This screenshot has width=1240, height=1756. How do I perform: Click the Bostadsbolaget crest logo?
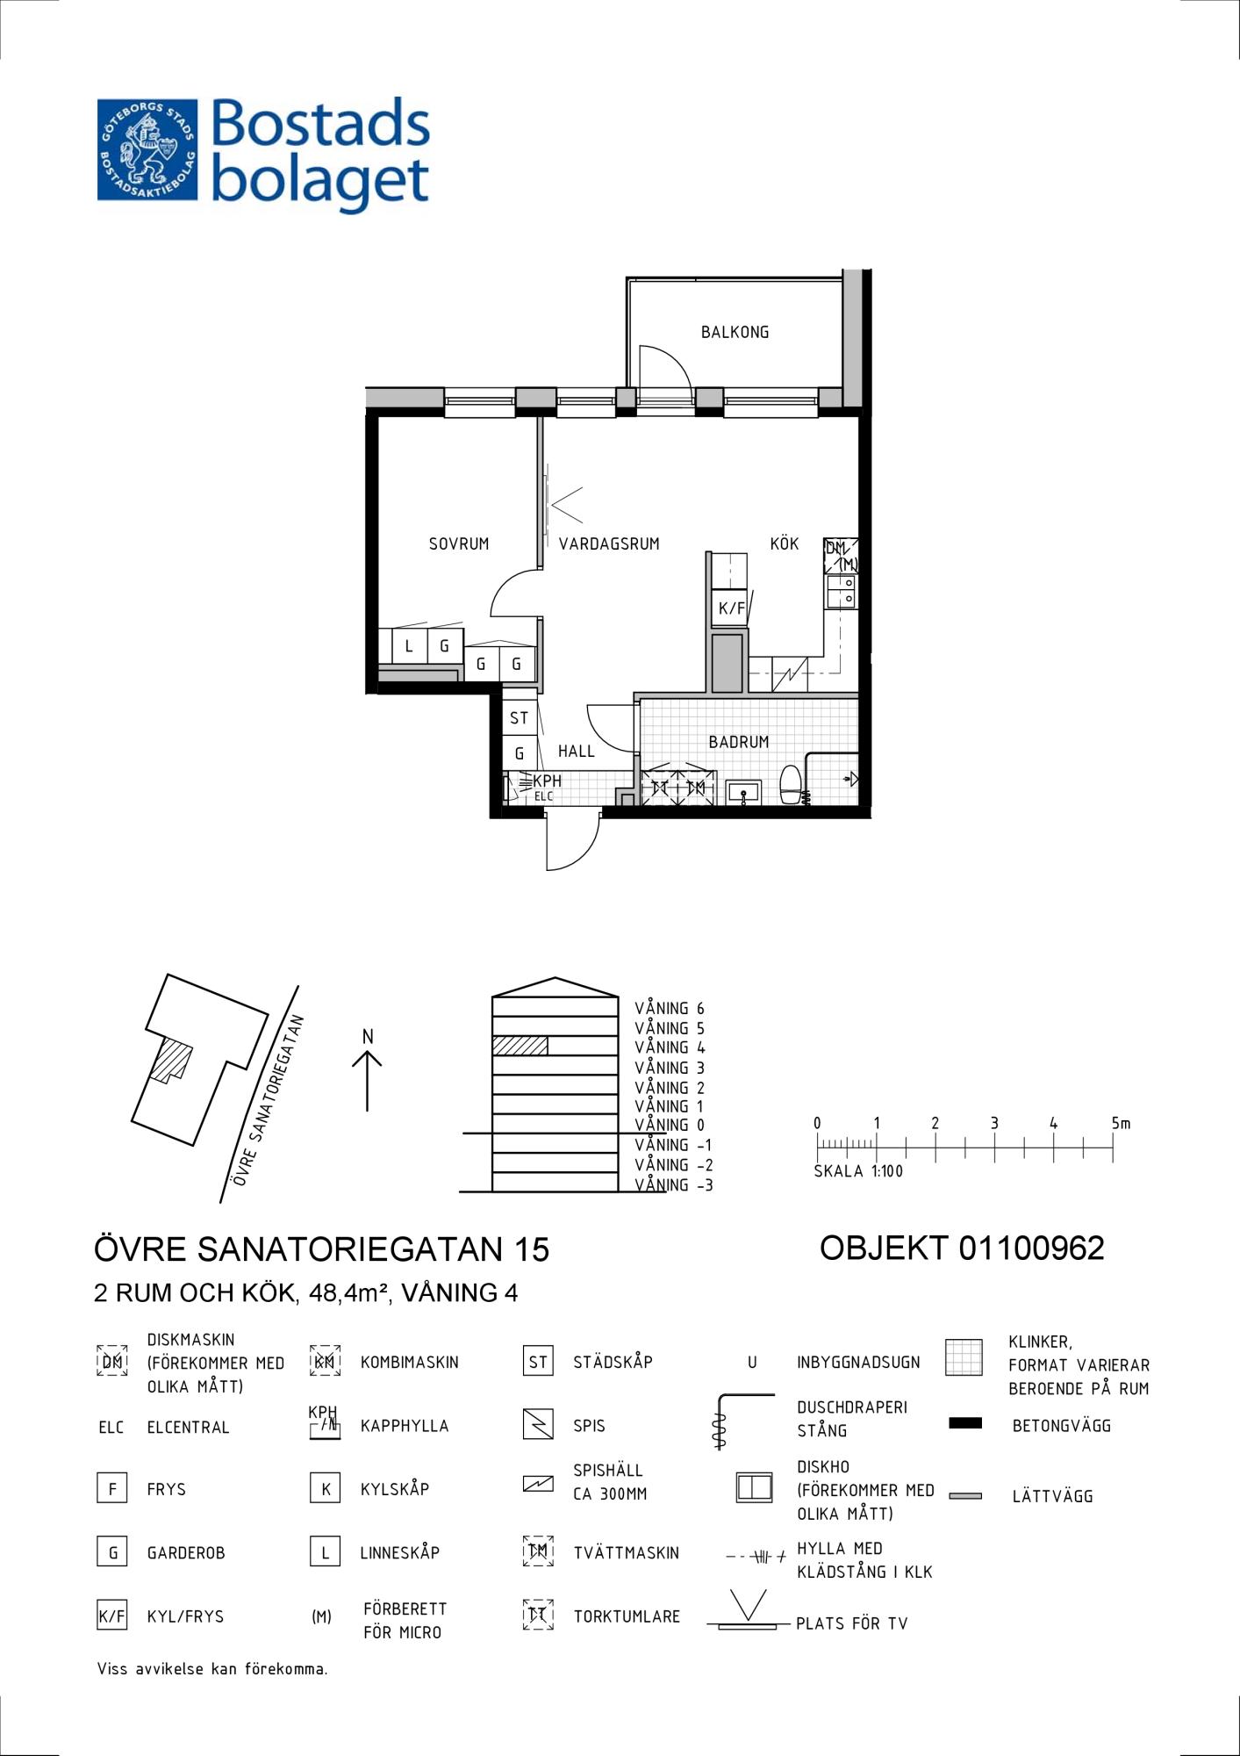147,149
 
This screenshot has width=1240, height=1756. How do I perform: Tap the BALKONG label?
735,332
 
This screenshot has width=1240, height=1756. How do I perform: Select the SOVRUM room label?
459,543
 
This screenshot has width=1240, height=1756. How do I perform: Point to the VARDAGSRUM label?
609,543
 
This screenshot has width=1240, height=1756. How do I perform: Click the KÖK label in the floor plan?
785,543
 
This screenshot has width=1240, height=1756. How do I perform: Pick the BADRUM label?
739,742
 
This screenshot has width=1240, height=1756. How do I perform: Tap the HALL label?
577,751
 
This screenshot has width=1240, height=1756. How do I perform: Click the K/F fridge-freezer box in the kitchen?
730,608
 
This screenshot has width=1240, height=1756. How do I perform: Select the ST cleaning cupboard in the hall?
520,717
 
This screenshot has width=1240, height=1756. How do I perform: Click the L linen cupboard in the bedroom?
408,646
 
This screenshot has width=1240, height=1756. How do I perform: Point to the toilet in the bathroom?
792,783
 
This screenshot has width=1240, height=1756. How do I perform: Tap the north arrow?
367,1081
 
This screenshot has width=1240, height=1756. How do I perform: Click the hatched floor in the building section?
520,1046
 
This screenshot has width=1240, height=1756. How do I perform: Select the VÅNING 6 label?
670,1008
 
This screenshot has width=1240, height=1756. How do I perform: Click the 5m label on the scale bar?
1121,1123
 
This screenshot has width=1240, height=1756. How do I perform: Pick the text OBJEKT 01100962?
962,1248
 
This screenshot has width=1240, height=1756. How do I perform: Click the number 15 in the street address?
532,1249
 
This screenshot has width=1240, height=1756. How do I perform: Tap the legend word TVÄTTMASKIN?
627,1553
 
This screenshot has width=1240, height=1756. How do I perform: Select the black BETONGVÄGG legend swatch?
965,1424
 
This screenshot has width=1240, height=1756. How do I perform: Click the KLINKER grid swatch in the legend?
964,1357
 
